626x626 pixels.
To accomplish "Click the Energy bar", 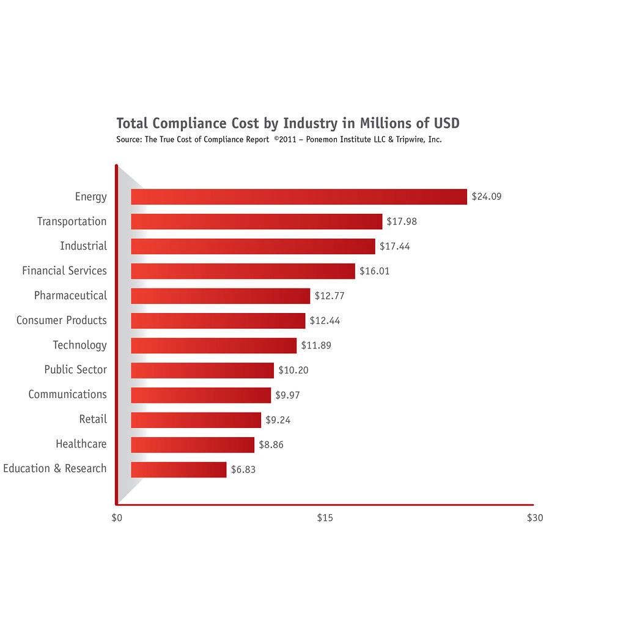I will click(299, 197).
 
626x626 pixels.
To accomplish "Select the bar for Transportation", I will click(257, 221).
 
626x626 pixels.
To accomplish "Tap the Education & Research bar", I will click(179, 469).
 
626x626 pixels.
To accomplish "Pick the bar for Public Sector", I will click(202, 370).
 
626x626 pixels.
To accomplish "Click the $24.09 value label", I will click(487, 197).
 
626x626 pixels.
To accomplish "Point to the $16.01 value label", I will click(374, 271).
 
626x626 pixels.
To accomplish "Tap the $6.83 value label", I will click(243, 470).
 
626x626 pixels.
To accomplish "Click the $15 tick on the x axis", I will click(325, 518).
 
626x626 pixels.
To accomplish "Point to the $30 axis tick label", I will click(535, 518).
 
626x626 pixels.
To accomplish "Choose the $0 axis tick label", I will click(117, 518).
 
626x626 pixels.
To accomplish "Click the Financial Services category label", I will click(64, 270).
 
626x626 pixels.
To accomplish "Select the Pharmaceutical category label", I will click(70, 295).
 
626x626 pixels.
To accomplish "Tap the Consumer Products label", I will click(61, 320).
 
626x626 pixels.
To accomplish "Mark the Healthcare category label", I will click(81, 444).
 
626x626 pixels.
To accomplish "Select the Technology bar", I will click(214, 345).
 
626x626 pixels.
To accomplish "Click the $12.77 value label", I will click(330, 296).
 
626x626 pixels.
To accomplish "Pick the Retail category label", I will click(93, 419).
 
